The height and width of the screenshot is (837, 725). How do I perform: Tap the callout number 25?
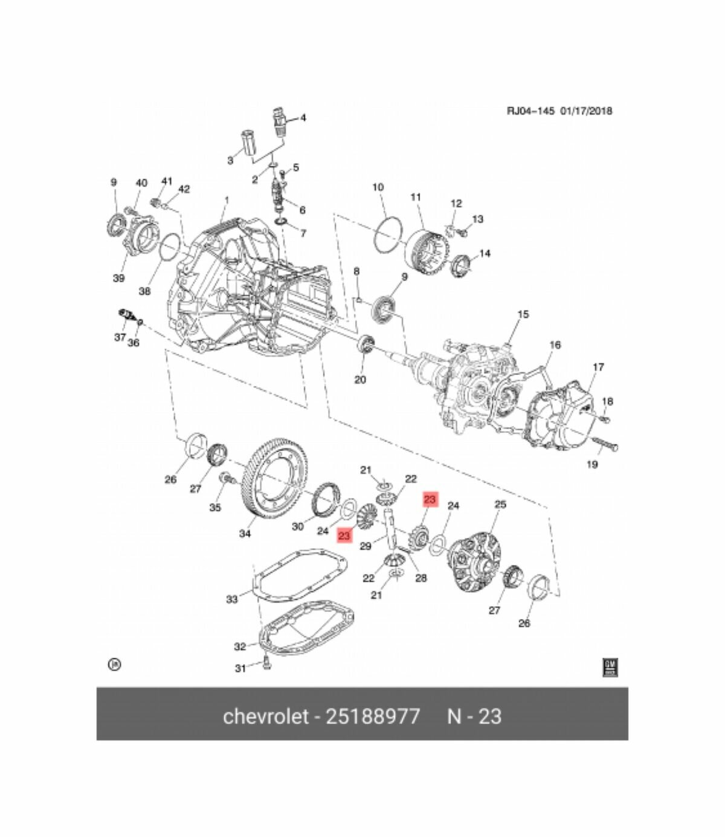[x=500, y=504]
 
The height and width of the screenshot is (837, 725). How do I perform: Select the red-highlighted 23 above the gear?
[x=430, y=499]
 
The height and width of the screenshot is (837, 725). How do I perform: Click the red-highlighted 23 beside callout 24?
[x=344, y=535]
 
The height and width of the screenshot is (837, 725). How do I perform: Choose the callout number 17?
[x=598, y=367]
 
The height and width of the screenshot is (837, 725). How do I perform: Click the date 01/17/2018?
[x=586, y=111]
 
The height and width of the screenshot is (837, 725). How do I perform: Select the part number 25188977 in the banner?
[x=373, y=716]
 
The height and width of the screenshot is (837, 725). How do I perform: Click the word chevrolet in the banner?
[x=263, y=716]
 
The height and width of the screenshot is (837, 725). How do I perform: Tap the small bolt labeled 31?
[x=268, y=665]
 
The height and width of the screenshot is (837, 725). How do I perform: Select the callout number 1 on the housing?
[x=227, y=200]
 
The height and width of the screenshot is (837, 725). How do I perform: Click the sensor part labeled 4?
[x=279, y=121]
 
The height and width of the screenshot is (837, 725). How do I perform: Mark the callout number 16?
[x=555, y=345]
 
